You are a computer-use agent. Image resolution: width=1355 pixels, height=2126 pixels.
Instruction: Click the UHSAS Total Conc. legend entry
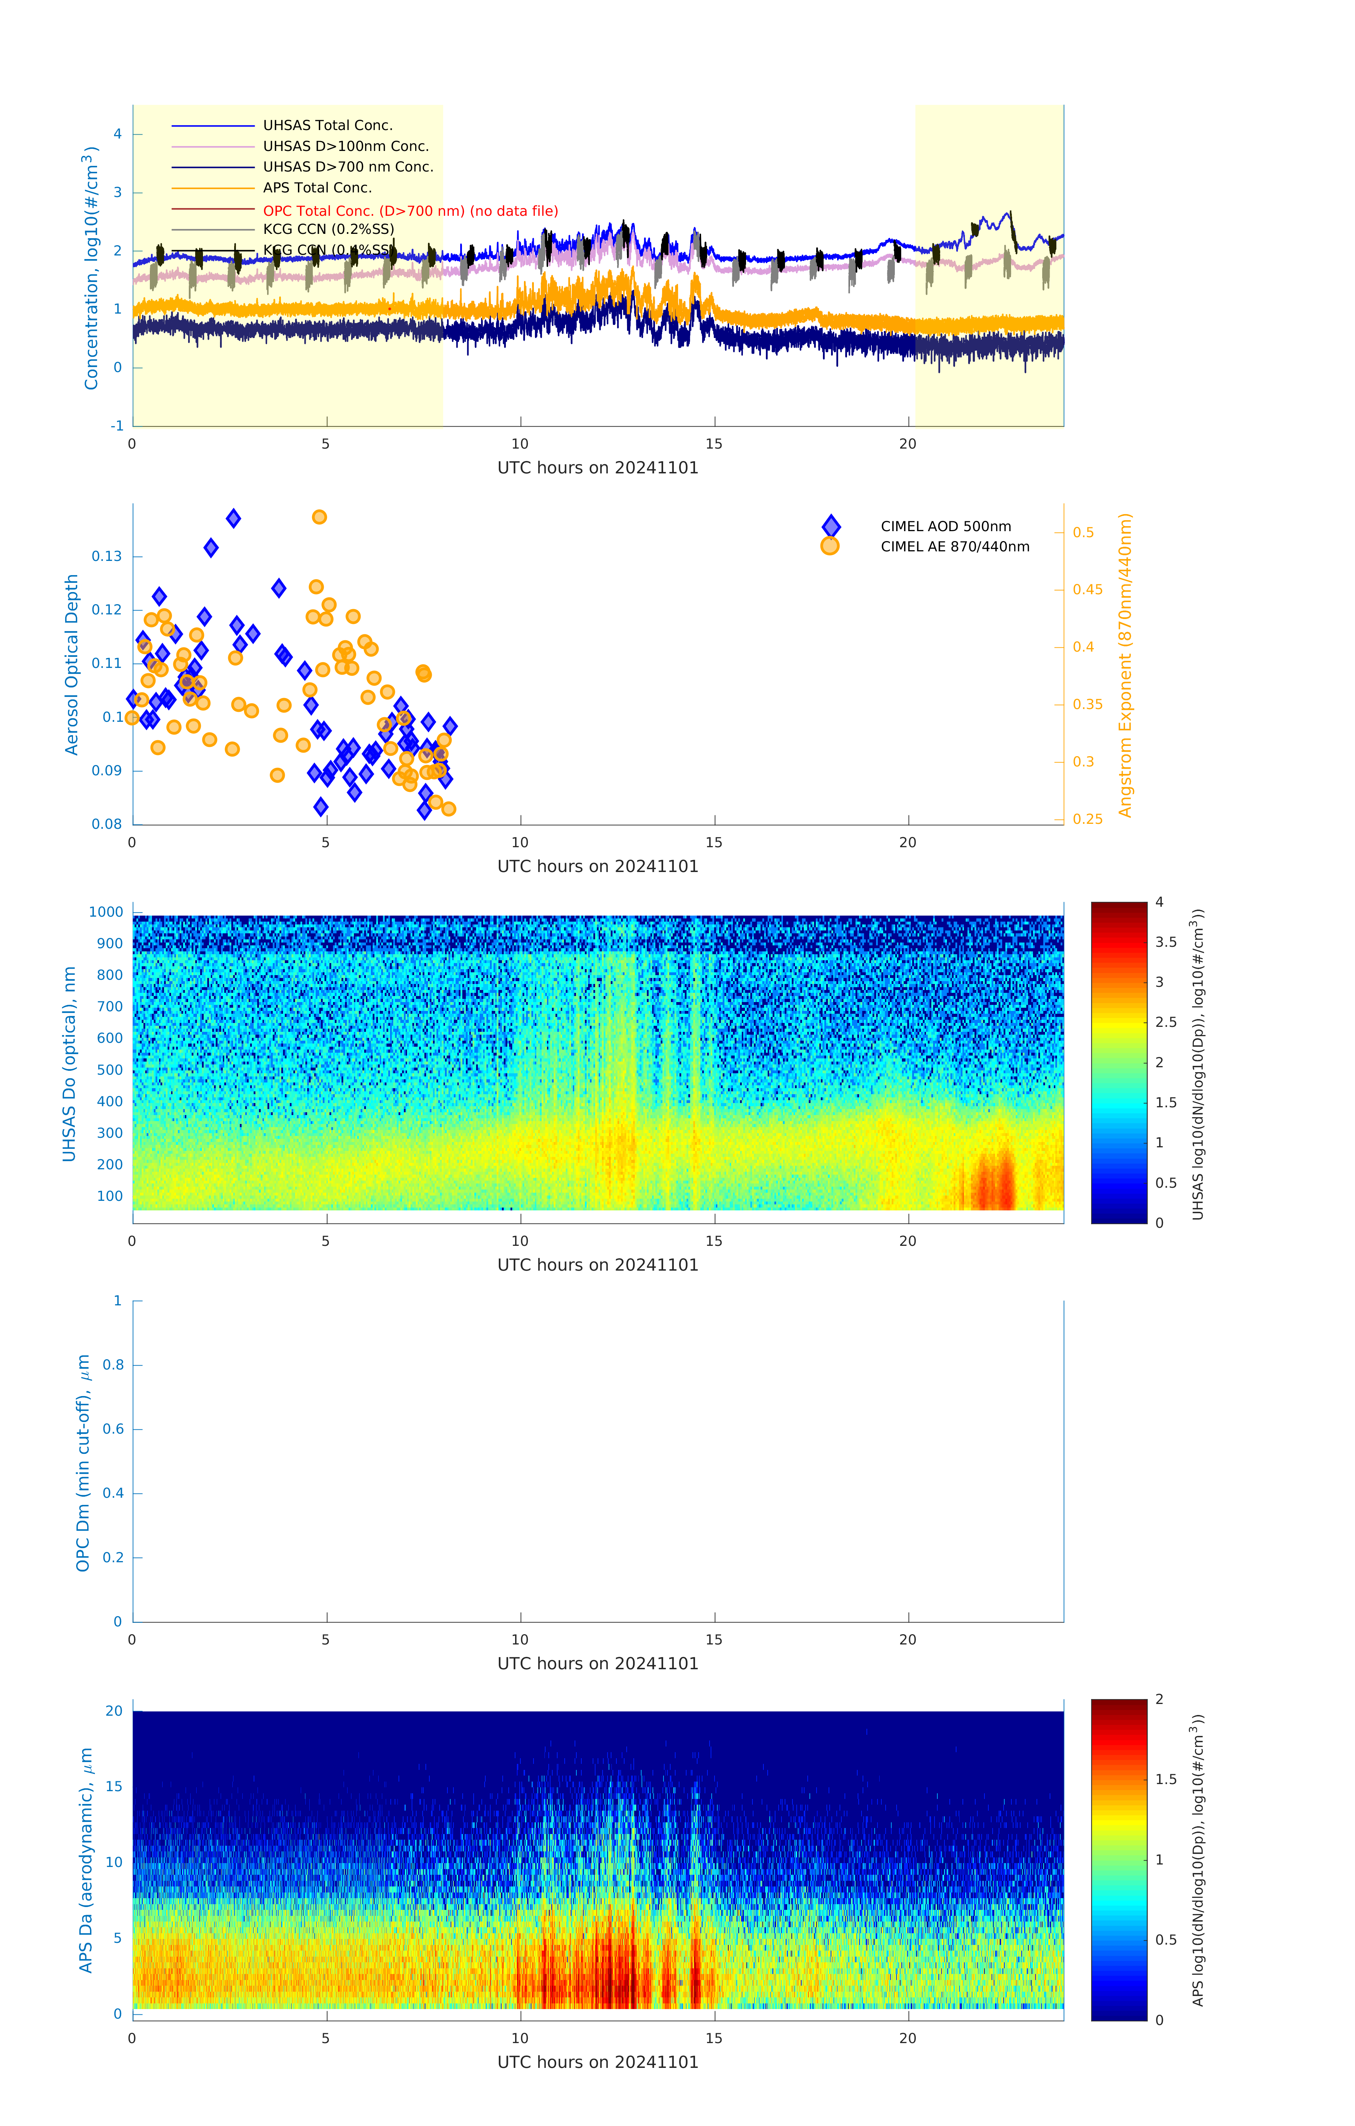coord(327,125)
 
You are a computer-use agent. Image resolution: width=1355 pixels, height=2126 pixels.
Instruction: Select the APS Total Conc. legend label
coord(317,188)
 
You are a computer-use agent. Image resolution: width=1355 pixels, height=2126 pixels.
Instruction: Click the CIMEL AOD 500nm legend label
coord(945,526)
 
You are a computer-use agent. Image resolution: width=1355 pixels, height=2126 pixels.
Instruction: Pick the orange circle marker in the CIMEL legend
coord(830,546)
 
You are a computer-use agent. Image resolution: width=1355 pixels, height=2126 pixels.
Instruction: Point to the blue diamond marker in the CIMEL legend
coord(831,526)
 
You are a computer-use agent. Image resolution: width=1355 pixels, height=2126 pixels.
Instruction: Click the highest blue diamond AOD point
coord(233,518)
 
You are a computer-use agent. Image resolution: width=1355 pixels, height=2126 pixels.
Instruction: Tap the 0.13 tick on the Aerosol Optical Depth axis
coord(107,556)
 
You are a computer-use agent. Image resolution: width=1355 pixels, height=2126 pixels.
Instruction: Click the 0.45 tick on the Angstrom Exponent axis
coord(1088,590)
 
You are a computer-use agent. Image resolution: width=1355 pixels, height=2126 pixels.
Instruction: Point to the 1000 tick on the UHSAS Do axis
coord(106,912)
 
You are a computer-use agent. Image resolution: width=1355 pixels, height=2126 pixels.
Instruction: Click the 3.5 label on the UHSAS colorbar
coord(1166,942)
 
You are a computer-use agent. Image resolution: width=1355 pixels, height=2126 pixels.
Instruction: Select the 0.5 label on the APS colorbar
coord(1166,1940)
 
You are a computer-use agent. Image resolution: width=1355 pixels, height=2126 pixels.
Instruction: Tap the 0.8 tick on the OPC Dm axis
coord(113,1365)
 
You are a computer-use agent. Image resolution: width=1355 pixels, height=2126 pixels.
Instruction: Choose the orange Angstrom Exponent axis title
coord(1125,665)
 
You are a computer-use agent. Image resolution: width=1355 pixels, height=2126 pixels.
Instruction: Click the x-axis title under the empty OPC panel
coord(598,1663)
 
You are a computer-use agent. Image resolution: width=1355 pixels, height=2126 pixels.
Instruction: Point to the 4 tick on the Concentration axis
coord(117,134)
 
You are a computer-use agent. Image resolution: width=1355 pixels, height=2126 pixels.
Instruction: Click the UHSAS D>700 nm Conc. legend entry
coord(348,167)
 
